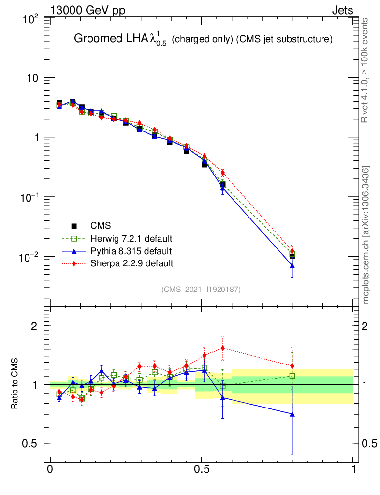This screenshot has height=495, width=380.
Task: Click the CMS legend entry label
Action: [x=101, y=226]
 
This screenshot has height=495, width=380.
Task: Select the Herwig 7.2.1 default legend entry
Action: [x=131, y=238]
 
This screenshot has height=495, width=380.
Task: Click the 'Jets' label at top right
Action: [x=342, y=11]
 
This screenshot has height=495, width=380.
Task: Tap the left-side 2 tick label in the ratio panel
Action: [x=34, y=326]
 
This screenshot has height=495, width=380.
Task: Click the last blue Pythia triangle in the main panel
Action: [x=292, y=266]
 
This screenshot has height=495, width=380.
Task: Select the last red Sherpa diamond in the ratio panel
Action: [x=292, y=366]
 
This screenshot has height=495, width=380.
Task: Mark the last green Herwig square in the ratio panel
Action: [x=292, y=376]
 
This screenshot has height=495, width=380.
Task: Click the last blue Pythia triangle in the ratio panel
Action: [x=292, y=414]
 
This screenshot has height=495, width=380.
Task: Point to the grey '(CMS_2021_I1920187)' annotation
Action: [x=201, y=290]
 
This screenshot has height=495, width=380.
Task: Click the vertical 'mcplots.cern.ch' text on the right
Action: [x=366, y=235]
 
